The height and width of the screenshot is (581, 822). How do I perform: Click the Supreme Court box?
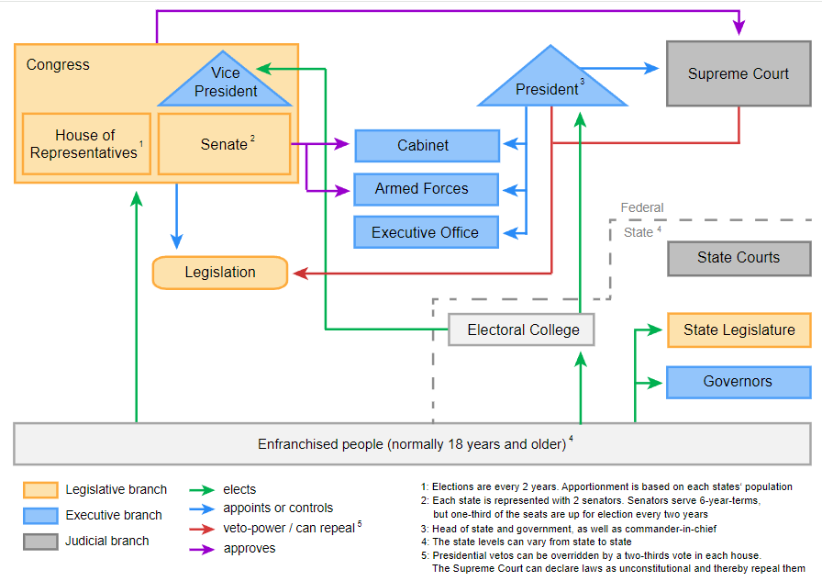point(739,73)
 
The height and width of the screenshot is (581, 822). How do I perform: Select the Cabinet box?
point(428,145)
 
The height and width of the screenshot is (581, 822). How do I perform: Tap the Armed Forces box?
point(427,189)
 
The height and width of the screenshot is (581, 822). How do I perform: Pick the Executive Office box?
point(427,232)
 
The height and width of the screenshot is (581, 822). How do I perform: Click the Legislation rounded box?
point(220,273)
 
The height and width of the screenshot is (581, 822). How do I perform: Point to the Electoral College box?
point(521,330)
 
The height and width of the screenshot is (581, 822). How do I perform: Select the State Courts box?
point(739,258)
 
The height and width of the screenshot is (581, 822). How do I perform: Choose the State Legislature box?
point(739,330)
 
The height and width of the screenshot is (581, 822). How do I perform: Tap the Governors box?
point(739,382)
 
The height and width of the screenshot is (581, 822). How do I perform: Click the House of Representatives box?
point(86,144)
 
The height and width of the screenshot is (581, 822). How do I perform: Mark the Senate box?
point(225,144)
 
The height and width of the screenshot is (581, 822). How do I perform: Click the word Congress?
point(58,64)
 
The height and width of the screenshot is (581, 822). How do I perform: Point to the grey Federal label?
point(642,207)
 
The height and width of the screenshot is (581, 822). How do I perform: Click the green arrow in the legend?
point(202,490)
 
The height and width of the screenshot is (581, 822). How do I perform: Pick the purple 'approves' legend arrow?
point(202,550)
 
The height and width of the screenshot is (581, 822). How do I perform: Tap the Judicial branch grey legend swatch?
point(40,542)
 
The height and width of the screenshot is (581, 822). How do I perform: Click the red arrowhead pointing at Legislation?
point(300,274)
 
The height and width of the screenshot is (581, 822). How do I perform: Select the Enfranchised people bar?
point(412,444)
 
